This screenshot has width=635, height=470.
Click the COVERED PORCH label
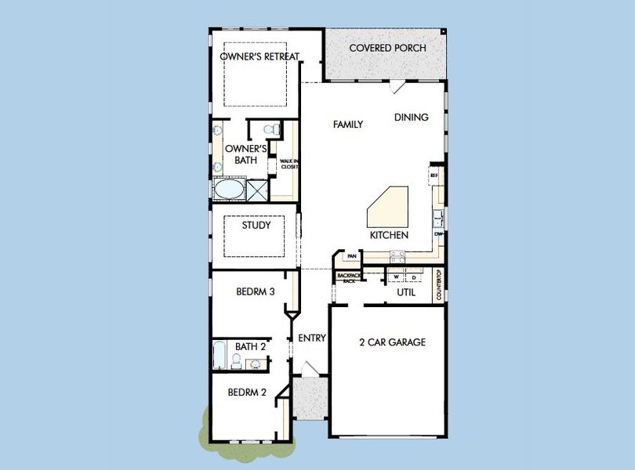pos(387,49)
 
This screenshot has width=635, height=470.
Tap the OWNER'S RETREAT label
pos(259,56)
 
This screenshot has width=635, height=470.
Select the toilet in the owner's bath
pos(271,129)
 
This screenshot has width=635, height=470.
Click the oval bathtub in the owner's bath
pos(228,190)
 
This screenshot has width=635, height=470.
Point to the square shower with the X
pos(257,189)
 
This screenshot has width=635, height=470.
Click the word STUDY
pos(256,226)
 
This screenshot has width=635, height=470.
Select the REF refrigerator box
pos(434,176)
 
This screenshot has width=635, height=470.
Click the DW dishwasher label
pos(438,233)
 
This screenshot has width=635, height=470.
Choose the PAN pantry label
pos(352,256)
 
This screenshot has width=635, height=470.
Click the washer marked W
pos(397,277)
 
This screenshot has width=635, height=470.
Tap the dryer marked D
pos(412,277)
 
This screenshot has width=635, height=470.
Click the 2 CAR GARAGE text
pos(392,342)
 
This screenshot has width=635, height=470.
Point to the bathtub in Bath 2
pos(220,356)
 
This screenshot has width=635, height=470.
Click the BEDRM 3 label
pos(255,292)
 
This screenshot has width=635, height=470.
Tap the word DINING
pos(412,117)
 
